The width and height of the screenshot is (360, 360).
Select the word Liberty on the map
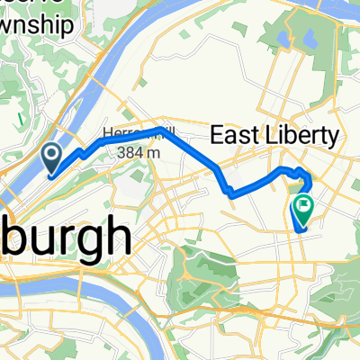pyautogui.click(x=302, y=137)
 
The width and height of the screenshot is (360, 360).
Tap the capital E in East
pyautogui.click(x=216, y=137)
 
